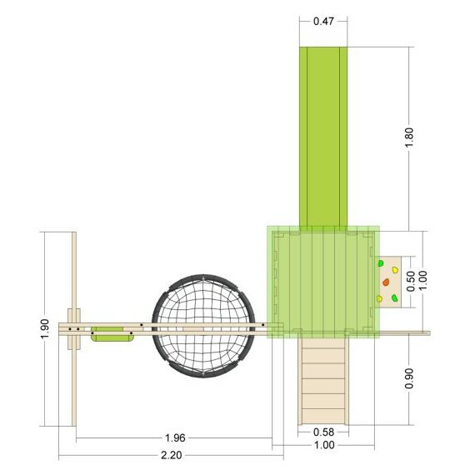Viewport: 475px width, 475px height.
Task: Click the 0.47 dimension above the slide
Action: point(323,21)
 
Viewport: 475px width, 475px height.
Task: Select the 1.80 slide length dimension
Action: point(409,137)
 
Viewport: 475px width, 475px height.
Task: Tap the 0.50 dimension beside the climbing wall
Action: point(411,281)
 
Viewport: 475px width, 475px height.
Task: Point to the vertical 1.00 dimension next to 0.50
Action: point(422,281)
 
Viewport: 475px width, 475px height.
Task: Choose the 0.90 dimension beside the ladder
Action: point(409,378)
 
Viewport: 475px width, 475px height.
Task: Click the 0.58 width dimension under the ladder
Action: point(323,432)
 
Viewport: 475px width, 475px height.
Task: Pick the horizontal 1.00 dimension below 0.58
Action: point(324,445)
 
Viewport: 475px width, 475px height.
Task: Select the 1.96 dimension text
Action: point(175,438)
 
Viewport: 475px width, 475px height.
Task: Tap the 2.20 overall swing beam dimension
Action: point(171,455)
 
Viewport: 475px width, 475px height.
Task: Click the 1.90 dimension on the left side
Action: point(45,329)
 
